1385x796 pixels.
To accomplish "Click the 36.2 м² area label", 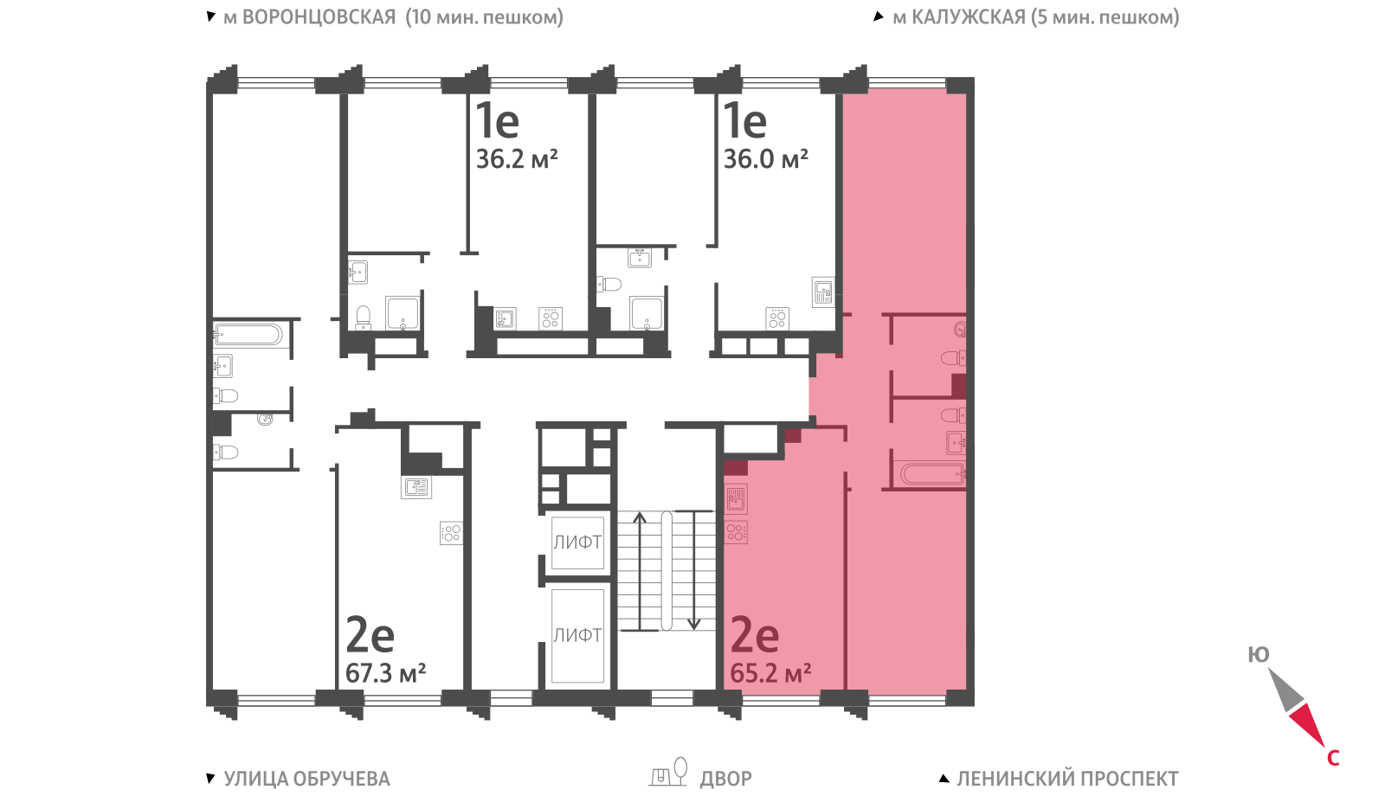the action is [517, 159].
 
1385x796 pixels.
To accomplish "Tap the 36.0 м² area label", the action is [766, 159].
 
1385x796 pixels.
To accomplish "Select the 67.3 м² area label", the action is [386, 673].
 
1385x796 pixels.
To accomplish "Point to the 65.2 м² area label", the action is [770, 673].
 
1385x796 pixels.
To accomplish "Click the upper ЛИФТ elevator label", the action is [577, 542].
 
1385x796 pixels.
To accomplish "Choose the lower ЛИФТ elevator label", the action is [577, 635].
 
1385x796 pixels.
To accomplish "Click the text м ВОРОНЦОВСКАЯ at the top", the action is [310, 16].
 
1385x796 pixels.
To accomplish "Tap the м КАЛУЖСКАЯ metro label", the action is [959, 16].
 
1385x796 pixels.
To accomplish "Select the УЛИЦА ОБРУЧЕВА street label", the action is [306, 779].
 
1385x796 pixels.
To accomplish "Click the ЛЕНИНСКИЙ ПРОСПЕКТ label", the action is [1068, 779].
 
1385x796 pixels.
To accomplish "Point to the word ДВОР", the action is [726, 779].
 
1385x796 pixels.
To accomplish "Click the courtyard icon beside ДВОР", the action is [668, 772].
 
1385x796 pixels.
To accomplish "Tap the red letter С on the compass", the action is [1333, 758].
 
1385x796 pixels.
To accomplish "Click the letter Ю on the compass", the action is [1259, 654].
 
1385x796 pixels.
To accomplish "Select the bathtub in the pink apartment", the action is [932, 475].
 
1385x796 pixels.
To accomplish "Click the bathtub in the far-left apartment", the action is [248, 334].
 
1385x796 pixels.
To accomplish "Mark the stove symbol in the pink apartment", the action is [736, 532].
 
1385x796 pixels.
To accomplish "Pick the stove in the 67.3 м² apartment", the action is [451, 533].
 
